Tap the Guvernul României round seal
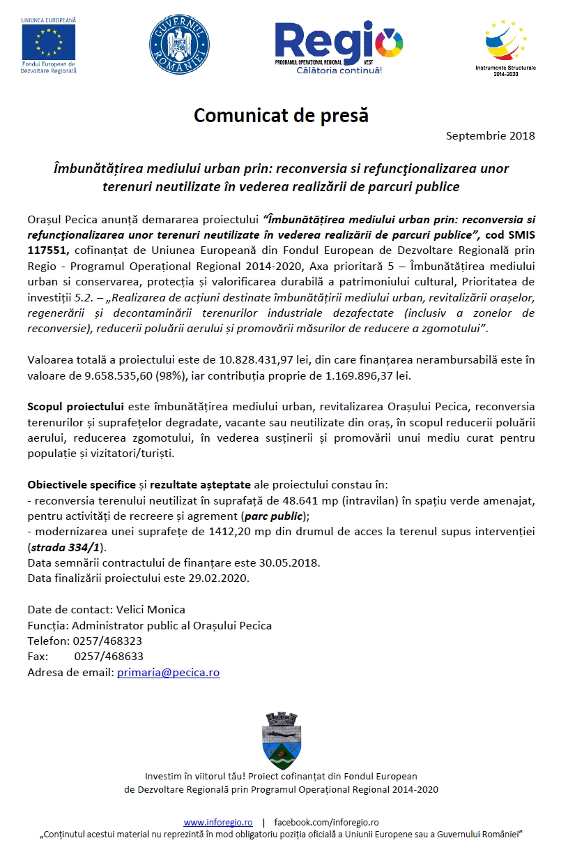[x=180, y=43]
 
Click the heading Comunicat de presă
[x=281, y=115]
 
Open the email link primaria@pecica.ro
[x=168, y=673]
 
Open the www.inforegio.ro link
[x=217, y=823]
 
